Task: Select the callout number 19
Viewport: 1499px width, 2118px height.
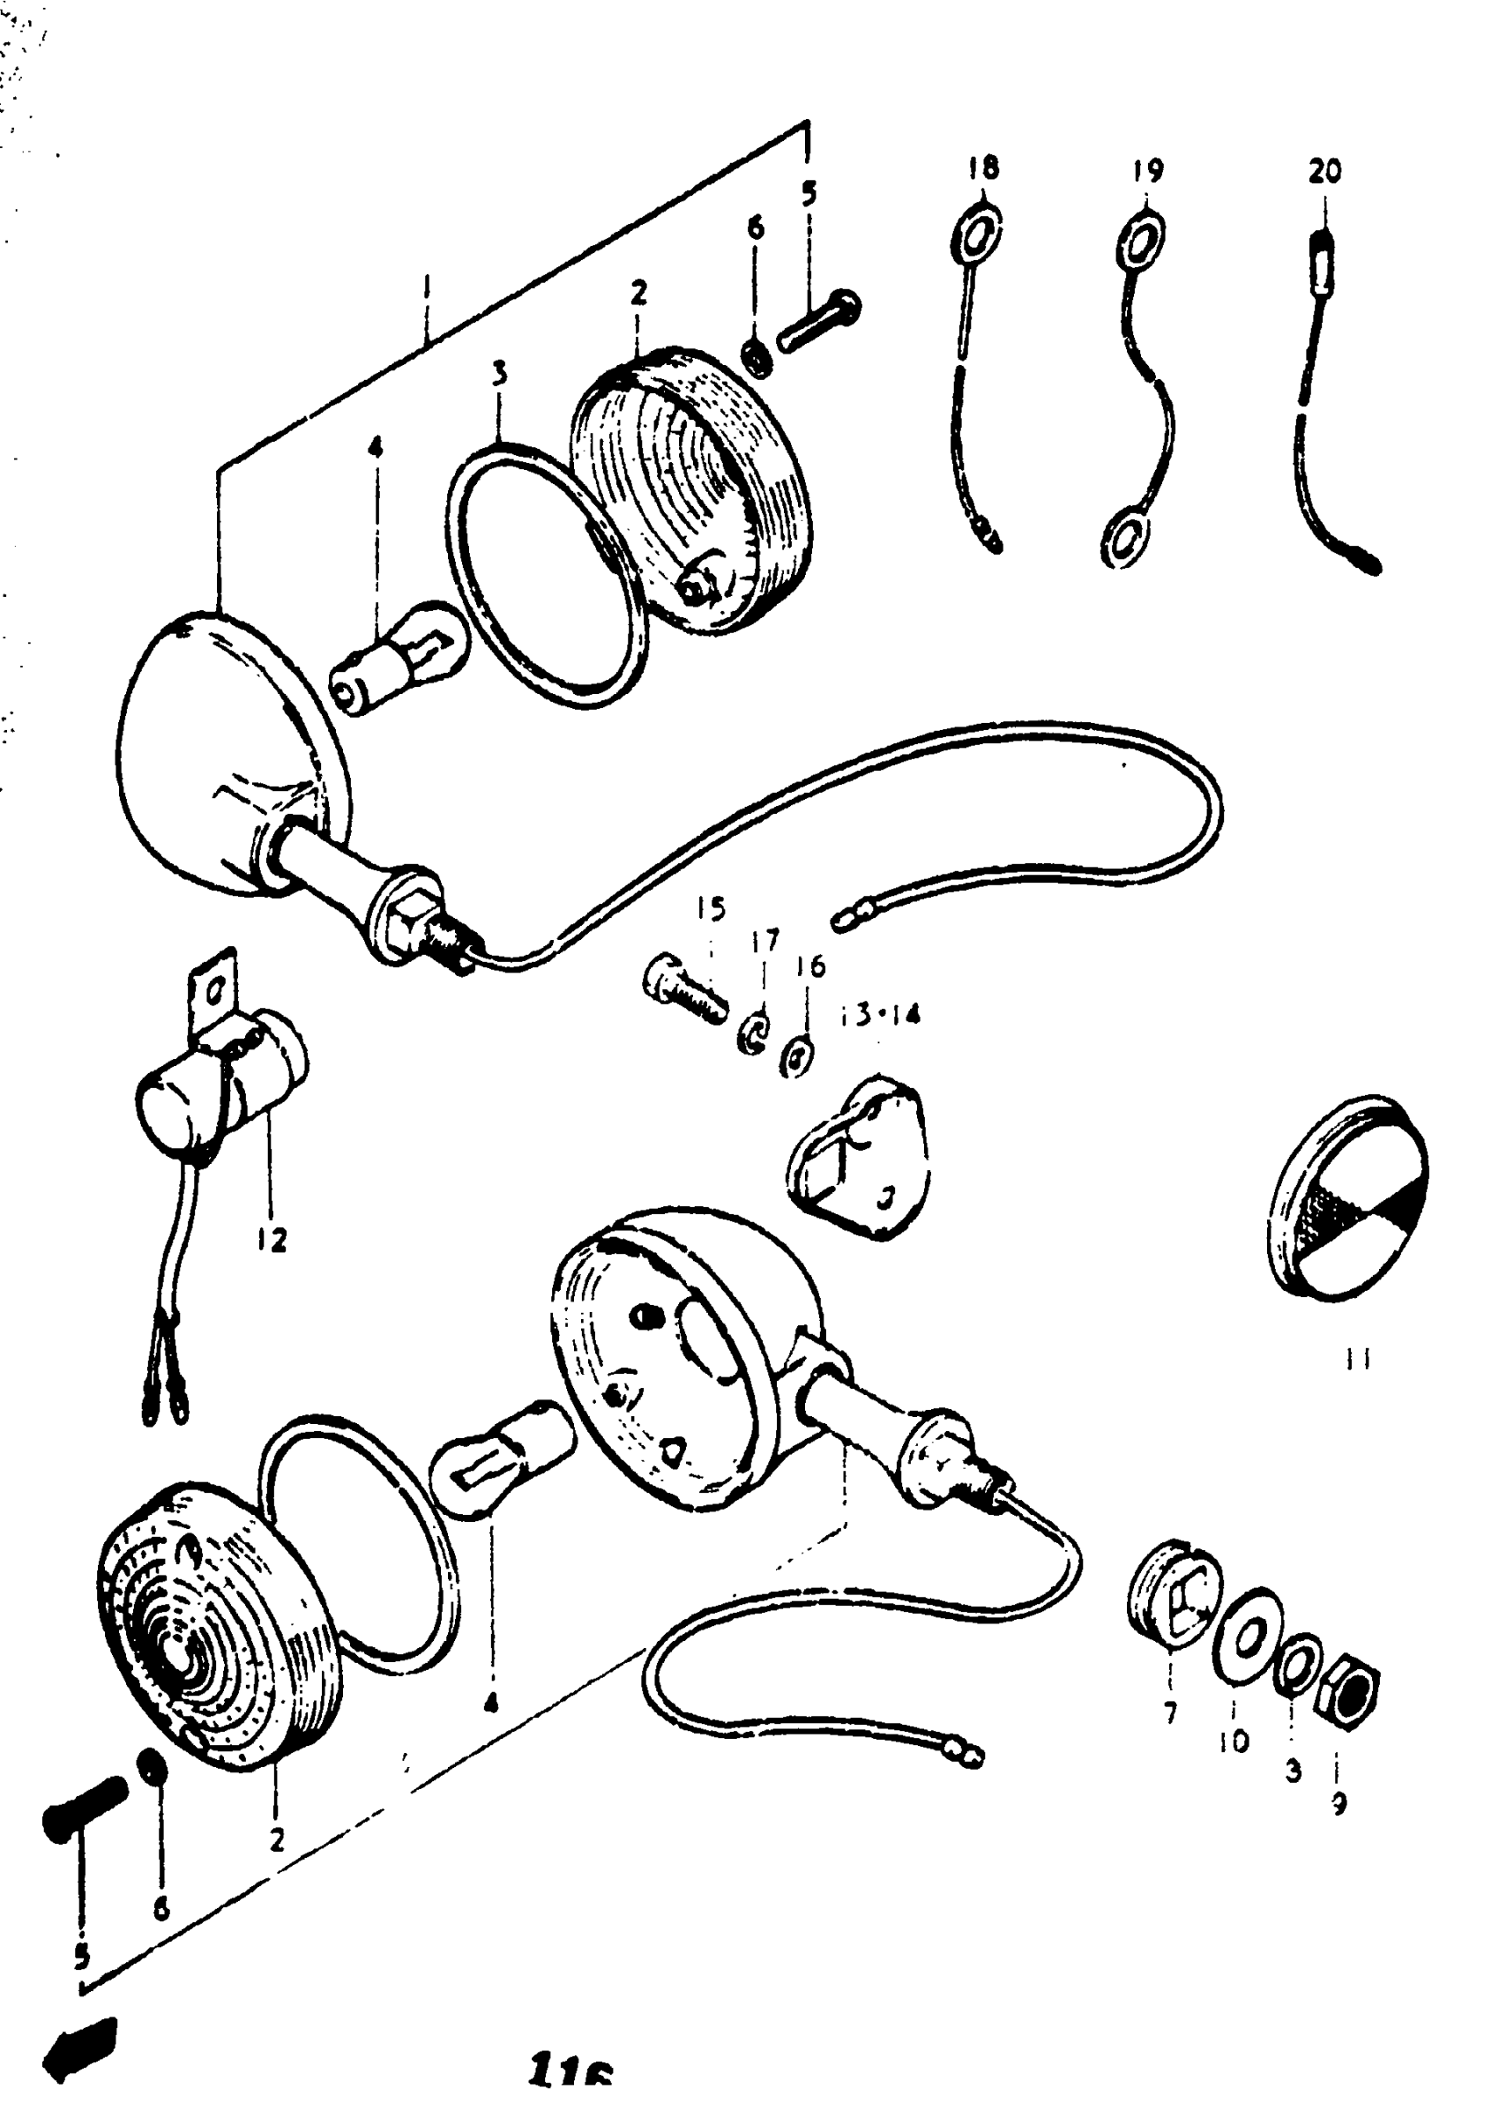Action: [1147, 171]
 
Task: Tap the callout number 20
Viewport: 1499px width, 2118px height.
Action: [1324, 171]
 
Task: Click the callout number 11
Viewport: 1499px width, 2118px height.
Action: [1357, 1360]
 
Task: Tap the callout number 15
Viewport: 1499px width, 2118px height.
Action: [711, 909]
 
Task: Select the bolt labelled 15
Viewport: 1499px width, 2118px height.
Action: [684, 984]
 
